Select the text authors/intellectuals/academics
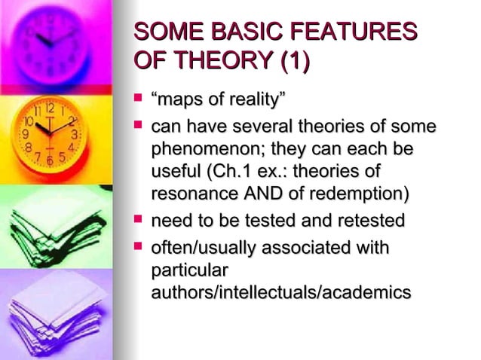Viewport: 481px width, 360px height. click(x=281, y=292)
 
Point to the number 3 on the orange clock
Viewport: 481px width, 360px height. click(x=74, y=133)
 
